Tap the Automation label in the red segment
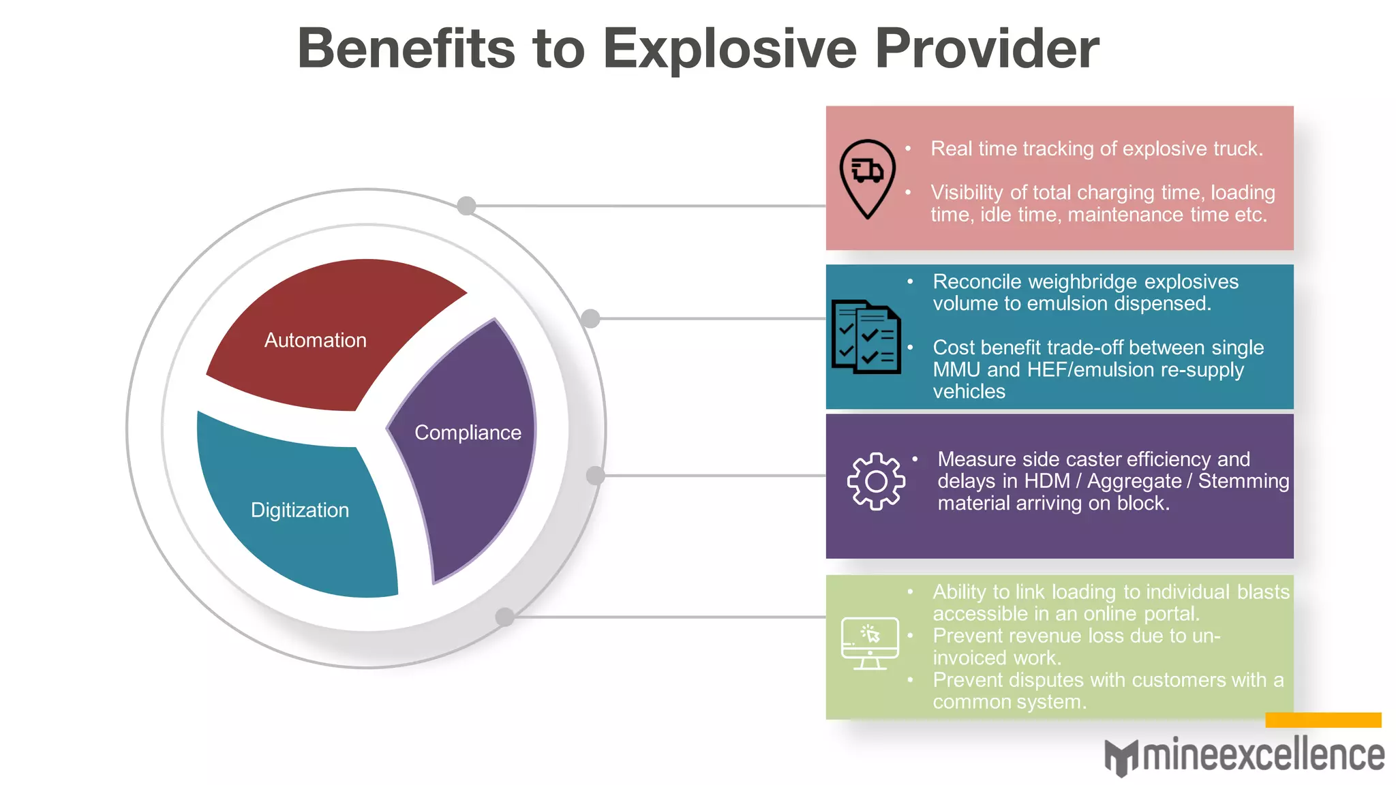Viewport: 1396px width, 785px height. tap(315, 340)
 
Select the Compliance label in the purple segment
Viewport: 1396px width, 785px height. tap(468, 433)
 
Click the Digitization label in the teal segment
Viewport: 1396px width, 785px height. tap(299, 510)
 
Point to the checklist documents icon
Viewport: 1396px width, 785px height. tap(866, 337)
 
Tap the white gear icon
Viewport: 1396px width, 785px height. tap(876, 482)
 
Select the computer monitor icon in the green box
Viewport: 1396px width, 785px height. tap(870, 643)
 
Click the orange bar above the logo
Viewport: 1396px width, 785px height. tap(1323, 720)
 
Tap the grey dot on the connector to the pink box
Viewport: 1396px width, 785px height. tap(466, 206)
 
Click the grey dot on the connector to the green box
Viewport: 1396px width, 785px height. tap(504, 617)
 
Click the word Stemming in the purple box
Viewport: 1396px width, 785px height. tap(1243, 481)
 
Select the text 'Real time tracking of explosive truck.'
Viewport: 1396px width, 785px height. tap(1096, 149)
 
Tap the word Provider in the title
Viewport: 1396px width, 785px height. tap(986, 49)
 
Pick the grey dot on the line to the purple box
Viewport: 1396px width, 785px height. tap(595, 476)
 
